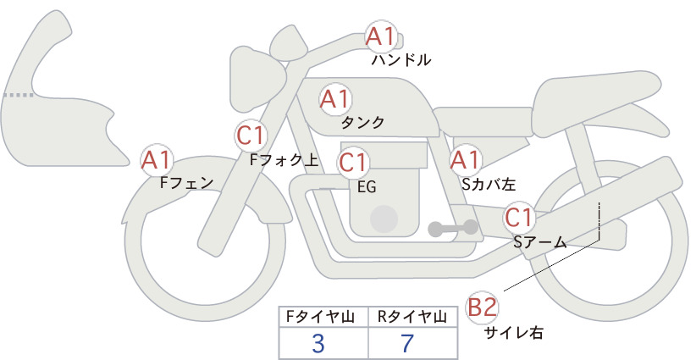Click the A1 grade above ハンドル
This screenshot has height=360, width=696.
point(381,36)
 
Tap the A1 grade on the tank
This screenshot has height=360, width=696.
point(335,99)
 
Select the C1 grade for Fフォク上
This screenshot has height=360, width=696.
point(251,136)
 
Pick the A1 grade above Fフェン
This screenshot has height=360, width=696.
point(156,160)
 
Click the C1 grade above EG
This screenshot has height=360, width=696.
point(353,163)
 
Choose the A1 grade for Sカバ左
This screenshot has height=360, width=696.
point(465,160)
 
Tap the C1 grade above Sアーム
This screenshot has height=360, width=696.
point(518,218)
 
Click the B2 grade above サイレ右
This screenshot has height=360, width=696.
point(482,307)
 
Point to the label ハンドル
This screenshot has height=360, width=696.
point(401,59)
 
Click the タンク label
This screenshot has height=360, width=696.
point(362,122)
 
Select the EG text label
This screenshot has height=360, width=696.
point(367,187)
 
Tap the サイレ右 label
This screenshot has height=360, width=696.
point(514,332)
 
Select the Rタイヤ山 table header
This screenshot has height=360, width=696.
point(412,317)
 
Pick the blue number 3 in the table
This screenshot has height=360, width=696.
point(318,343)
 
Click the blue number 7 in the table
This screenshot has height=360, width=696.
point(407,343)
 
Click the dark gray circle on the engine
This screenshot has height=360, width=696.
point(384,219)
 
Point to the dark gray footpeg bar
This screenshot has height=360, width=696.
point(453,228)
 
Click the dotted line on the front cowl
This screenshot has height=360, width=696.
point(18,95)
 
